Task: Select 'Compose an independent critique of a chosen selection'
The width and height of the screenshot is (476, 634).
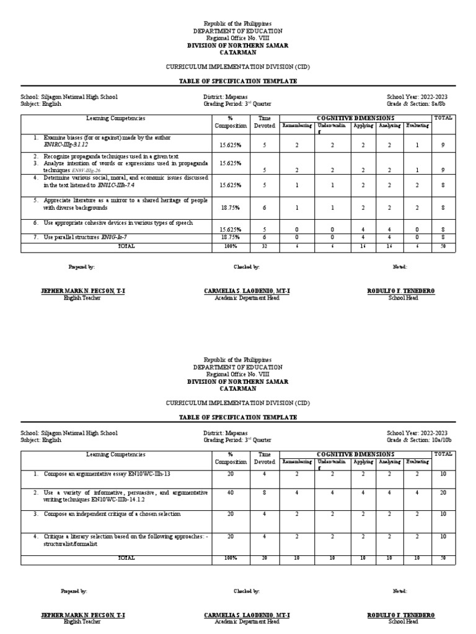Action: point(112,514)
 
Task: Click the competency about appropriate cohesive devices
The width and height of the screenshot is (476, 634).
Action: point(118,222)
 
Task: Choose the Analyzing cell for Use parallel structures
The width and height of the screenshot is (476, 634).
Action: point(389,237)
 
